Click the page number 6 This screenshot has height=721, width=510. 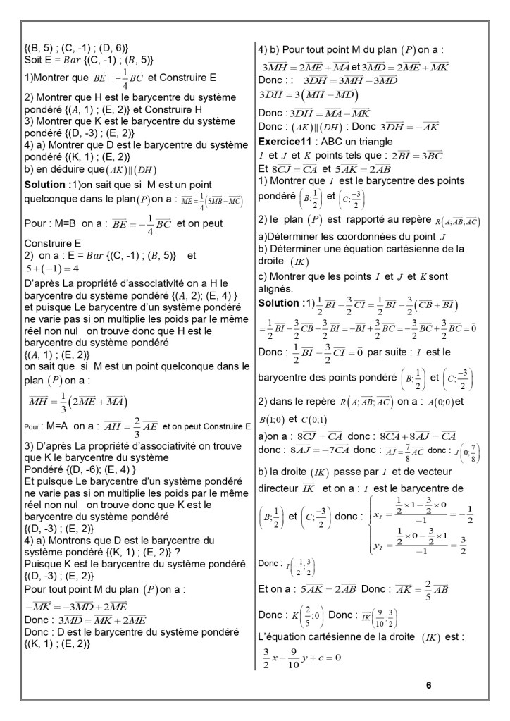[428, 684]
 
